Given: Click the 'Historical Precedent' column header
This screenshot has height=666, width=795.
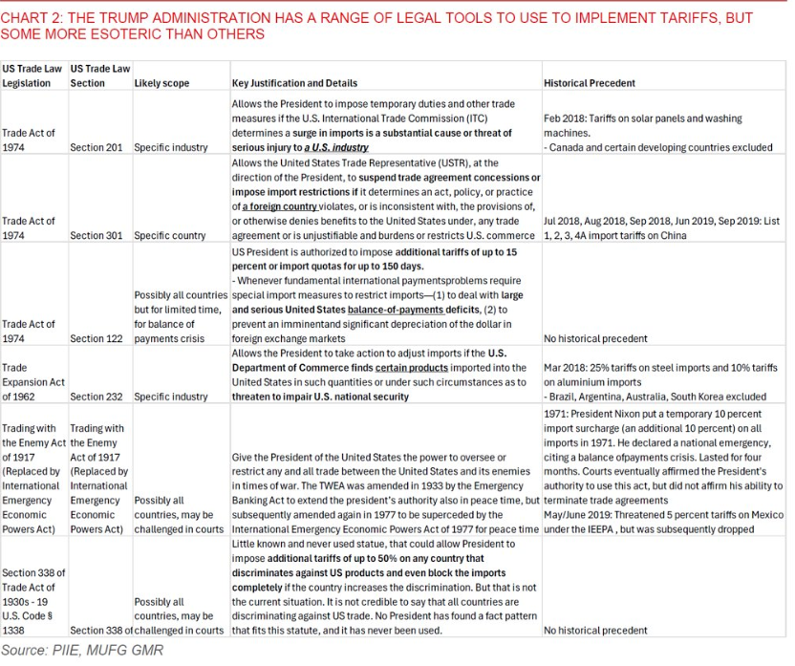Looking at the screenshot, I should [x=590, y=83].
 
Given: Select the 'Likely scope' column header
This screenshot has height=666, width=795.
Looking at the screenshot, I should [x=161, y=83].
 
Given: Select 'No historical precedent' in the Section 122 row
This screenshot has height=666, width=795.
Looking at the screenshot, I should [x=595, y=339].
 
